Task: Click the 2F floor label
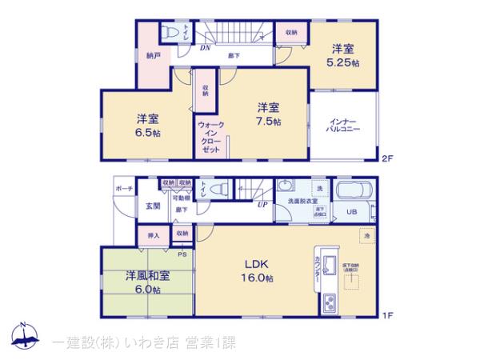click(x=388, y=158)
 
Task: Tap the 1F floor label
click(x=388, y=314)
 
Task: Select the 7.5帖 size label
click(x=269, y=122)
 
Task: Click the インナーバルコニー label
click(x=344, y=125)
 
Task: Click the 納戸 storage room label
click(x=152, y=56)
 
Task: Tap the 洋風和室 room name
click(x=147, y=276)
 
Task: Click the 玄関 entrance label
click(x=152, y=206)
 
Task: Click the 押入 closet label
click(x=153, y=235)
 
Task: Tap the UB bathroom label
click(x=350, y=212)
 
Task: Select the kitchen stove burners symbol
click(x=330, y=304)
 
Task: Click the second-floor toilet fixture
click(x=170, y=31)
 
